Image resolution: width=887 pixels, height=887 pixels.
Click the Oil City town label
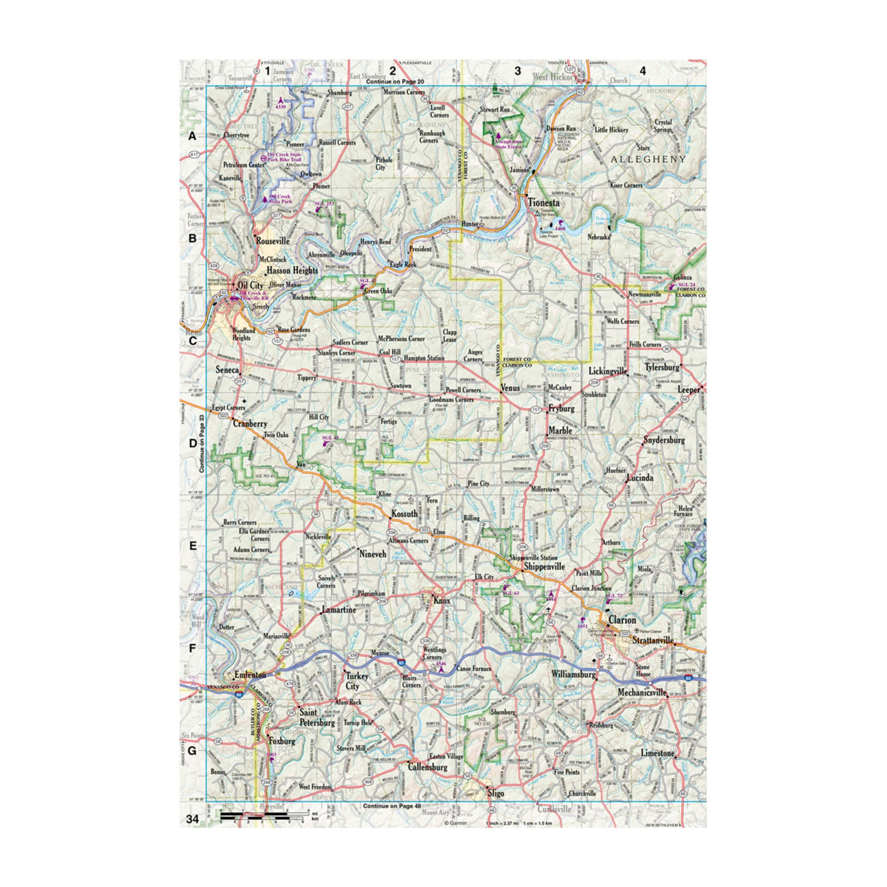click(x=251, y=285)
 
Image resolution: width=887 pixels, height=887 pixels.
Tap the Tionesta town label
click(x=543, y=202)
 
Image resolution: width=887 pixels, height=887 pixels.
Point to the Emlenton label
click(x=250, y=675)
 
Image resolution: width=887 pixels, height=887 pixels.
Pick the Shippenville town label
click(x=544, y=567)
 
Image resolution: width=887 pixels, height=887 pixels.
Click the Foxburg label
click(x=282, y=741)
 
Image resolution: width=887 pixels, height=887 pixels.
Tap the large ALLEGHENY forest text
click(x=648, y=159)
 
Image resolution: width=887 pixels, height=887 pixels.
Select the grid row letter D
click(x=192, y=443)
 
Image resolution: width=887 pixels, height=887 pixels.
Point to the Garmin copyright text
click(x=455, y=823)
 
